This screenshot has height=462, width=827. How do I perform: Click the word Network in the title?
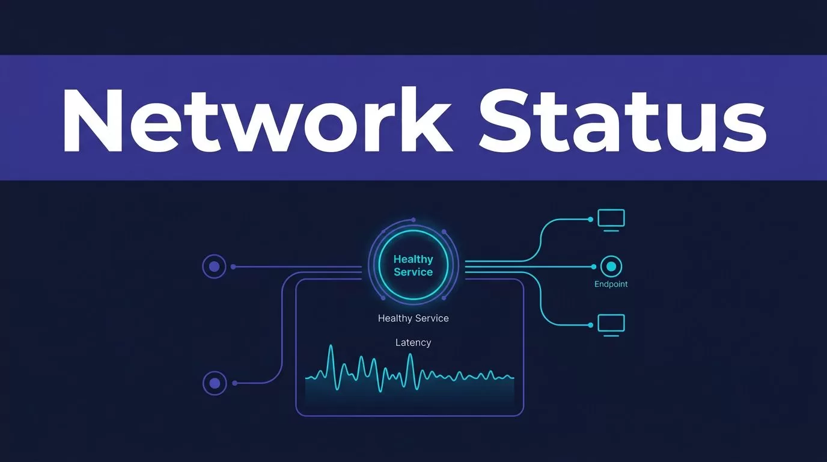[258, 120]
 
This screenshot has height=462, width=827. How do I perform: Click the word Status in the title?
[623, 120]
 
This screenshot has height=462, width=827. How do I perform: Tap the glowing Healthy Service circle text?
[413, 265]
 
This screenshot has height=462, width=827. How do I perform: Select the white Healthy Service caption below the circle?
[413, 318]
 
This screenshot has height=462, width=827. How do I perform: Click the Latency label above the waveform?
[413, 343]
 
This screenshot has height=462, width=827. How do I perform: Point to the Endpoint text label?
[611, 284]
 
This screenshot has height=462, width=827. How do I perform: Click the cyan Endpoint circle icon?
[611, 266]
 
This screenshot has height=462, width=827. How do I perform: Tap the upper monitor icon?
[611, 220]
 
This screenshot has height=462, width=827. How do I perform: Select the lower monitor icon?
[611, 325]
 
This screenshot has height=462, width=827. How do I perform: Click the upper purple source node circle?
[214, 266]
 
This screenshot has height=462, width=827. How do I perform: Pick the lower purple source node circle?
[215, 383]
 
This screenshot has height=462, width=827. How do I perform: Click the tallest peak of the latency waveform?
[331, 346]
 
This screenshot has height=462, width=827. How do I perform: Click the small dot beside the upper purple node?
[233, 266]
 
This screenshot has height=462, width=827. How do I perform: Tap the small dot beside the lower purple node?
[235, 383]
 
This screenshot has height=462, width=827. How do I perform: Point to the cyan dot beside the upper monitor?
[590, 220]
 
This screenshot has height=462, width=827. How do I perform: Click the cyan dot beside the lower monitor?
[590, 325]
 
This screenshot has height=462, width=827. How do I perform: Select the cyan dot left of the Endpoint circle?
[594, 266]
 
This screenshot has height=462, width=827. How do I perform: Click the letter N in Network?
[93, 120]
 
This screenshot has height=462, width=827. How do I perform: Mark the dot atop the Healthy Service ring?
[413, 220]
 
